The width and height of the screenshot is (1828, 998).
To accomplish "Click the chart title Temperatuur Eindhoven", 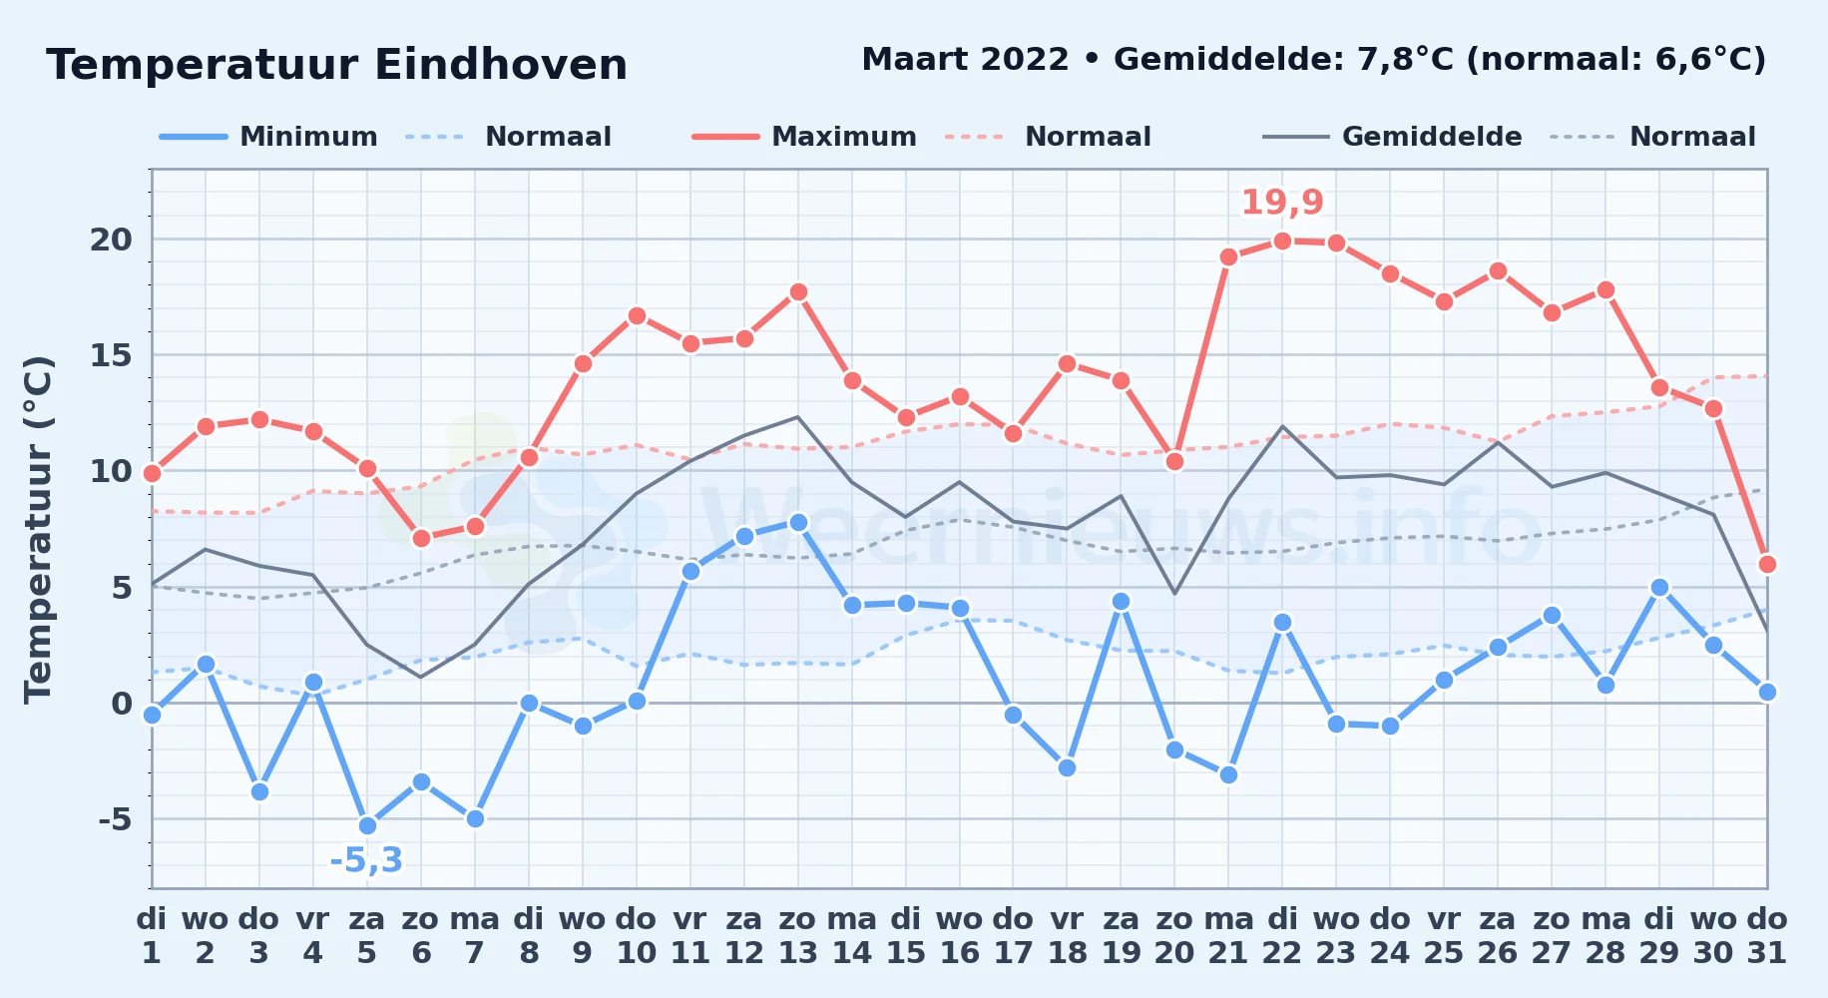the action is point(336,65).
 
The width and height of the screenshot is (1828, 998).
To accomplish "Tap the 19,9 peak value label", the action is point(1282,203).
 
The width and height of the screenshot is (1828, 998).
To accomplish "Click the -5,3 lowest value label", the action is point(366,860).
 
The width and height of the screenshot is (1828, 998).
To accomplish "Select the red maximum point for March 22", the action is point(1282,241).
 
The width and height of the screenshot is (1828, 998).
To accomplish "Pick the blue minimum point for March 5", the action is point(367,825).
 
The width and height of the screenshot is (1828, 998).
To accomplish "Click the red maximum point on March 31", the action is point(1767,564).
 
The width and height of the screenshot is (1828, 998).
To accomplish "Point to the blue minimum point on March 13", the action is point(798,522).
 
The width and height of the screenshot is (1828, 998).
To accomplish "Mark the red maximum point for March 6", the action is point(421,538).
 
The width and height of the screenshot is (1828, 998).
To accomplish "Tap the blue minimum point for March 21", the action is point(1228,774).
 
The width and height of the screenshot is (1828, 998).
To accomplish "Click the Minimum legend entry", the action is point(268,137).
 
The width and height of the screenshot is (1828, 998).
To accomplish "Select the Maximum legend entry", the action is point(804,137).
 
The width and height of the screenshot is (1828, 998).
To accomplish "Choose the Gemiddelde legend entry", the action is point(1392,137).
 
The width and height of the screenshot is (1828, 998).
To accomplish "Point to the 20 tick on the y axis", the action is point(111,240).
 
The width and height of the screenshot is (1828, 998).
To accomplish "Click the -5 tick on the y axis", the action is point(115,819).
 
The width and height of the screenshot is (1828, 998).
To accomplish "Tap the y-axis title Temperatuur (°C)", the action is point(38,529).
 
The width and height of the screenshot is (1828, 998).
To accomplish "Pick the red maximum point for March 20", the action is point(1174,461).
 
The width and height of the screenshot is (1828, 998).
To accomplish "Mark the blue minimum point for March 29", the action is point(1659,588).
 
